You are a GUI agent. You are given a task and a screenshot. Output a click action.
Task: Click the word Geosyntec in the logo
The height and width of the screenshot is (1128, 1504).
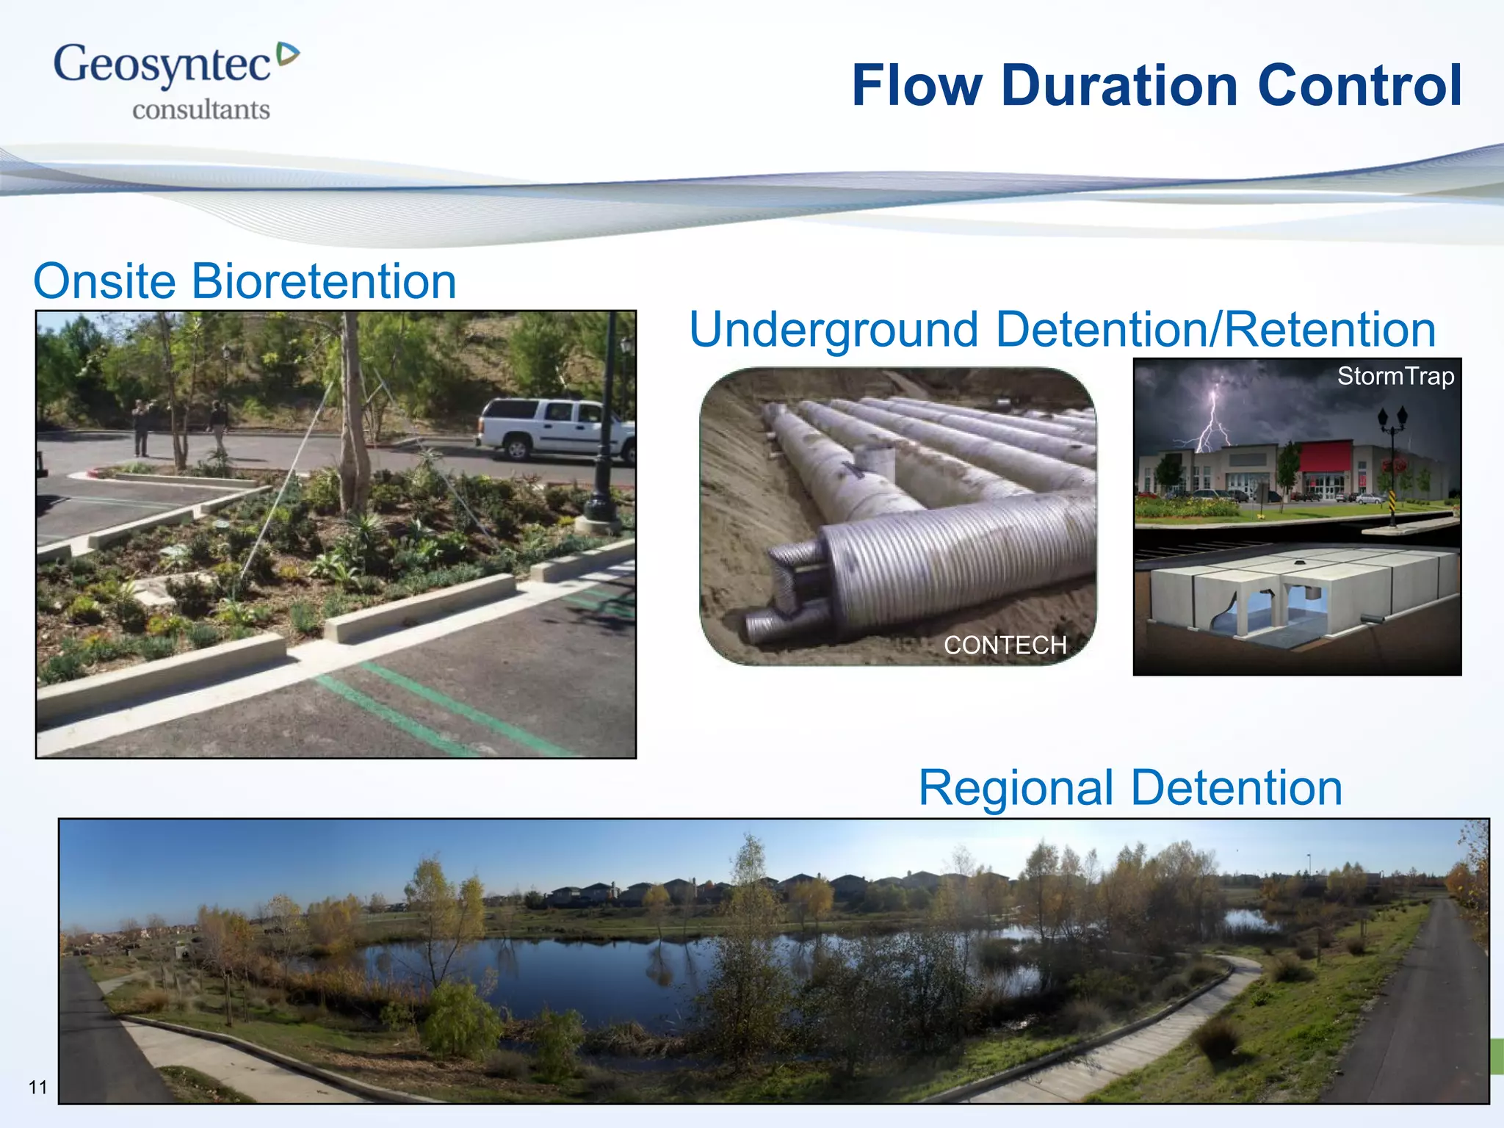point(162,65)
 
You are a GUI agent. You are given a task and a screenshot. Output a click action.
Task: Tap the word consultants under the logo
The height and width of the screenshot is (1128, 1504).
point(200,109)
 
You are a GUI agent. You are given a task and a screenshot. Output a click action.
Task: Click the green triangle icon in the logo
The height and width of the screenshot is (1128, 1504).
point(288,54)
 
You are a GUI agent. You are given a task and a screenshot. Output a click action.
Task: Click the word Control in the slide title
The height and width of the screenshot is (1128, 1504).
point(1359,86)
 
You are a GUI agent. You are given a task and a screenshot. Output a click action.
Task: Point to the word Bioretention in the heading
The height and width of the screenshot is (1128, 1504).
point(323,281)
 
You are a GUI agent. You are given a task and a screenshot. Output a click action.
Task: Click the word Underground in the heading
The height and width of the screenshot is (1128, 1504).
point(834,329)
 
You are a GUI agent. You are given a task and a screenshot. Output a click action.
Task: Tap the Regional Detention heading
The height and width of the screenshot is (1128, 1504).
point(1129,788)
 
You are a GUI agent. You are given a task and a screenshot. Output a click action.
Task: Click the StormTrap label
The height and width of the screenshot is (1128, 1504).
point(1395,376)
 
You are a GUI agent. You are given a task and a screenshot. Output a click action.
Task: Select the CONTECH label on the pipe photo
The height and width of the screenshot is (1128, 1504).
point(1004,645)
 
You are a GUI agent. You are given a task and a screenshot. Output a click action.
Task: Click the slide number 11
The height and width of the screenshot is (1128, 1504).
point(37,1087)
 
